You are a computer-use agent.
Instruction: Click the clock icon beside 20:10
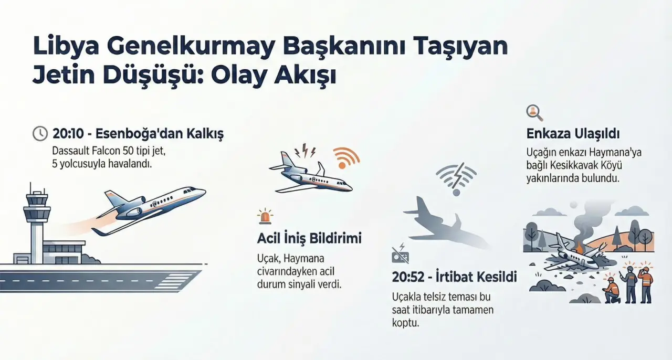coord(40,133)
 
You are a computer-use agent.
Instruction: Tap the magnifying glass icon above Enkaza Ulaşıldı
coord(534,113)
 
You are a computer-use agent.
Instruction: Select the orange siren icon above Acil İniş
coord(265,216)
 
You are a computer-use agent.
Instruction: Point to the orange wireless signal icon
coord(346,158)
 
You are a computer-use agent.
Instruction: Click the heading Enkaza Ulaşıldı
coord(573,133)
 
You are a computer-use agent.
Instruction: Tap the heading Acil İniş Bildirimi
coord(309,238)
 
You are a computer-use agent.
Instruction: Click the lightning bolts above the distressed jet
coord(305,151)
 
